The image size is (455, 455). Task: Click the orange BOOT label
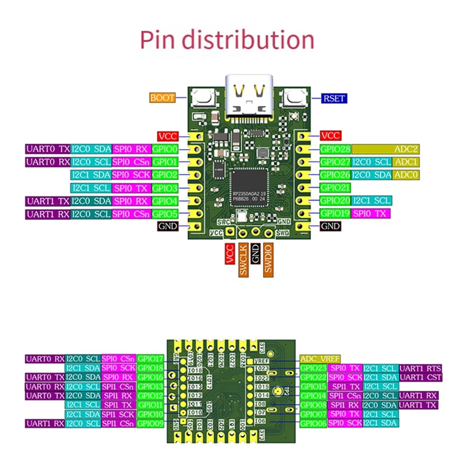[x=163, y=98]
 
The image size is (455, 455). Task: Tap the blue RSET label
[x=333, y=98]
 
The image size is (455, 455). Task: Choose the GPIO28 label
[x=335, y=149]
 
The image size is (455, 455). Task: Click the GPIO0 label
[x=166, y=149]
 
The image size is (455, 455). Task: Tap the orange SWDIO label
[x=268, y=260]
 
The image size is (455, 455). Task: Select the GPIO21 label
[x=335, y=187]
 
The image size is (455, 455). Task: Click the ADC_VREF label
[x=320, y=359]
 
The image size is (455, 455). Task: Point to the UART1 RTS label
[x=420, y=368]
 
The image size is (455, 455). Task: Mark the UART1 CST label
[x=420, y=377]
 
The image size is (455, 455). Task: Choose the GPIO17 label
[x=150, y=359]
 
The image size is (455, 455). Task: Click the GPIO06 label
[x=313, y=423]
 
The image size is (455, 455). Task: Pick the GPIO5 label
[x=166, y=214]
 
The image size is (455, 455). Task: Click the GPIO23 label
[x=313, y=368]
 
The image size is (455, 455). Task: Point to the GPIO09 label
[x=150, y=423]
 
